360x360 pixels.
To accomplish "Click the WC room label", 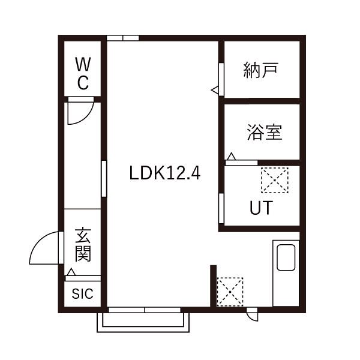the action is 83,73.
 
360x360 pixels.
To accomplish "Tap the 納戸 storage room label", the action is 261,70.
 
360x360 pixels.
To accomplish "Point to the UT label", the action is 261,208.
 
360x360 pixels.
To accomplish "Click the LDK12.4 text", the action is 164,173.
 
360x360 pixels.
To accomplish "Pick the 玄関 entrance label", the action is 82,245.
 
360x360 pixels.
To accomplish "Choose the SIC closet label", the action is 83,294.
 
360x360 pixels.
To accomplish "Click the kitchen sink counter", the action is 286,273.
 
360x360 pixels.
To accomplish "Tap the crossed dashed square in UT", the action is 274,179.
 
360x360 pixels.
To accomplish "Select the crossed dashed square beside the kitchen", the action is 230,292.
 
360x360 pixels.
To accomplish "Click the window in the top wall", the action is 123,38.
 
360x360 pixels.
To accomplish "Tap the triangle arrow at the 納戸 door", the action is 215,90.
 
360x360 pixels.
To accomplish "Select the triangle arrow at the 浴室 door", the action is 231,158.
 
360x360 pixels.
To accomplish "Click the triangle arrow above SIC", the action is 71,273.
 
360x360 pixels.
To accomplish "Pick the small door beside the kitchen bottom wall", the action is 252,313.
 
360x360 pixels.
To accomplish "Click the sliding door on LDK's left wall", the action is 104,178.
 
